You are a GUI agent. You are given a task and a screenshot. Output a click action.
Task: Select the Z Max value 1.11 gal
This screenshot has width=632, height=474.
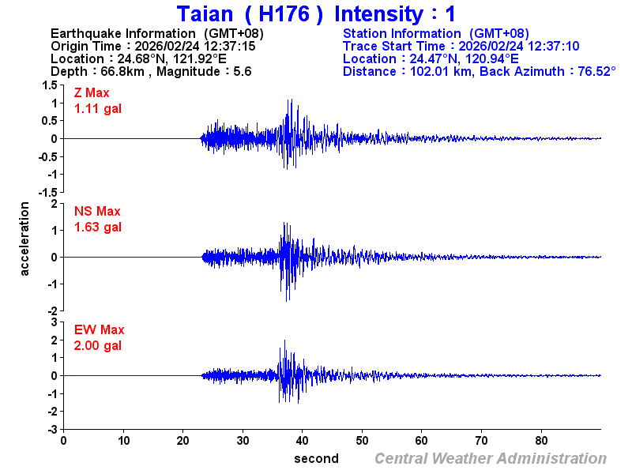click(x=98, y=109)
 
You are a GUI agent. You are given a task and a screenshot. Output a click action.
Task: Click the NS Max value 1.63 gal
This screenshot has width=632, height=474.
click(x=98, y=228)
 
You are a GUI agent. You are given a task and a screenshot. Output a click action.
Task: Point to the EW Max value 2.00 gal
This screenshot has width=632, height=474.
click(x=98, y=346)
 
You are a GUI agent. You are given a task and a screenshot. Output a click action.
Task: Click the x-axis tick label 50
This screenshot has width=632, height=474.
click(x=362, y=441)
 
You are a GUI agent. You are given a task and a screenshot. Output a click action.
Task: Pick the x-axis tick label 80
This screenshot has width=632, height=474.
click(x=542, y=441)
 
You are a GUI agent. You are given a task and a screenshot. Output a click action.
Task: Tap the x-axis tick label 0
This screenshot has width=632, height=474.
click(x=63, y=441)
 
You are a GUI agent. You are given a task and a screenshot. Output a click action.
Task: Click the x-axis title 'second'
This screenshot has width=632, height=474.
click(x=316, y=459)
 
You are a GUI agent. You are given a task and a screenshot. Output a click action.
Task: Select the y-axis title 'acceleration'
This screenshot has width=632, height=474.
click(x=25, y=239)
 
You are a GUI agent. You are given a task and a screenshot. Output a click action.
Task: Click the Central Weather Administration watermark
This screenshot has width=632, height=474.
click(x=491, y=459)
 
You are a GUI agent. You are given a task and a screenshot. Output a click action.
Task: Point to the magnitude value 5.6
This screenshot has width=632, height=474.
click(x=242, y=72)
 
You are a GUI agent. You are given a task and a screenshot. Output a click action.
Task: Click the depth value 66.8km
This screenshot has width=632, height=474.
click(x=118, y=72)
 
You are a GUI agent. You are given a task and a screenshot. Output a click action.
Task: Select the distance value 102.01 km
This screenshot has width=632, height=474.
click(x=439, y=72)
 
